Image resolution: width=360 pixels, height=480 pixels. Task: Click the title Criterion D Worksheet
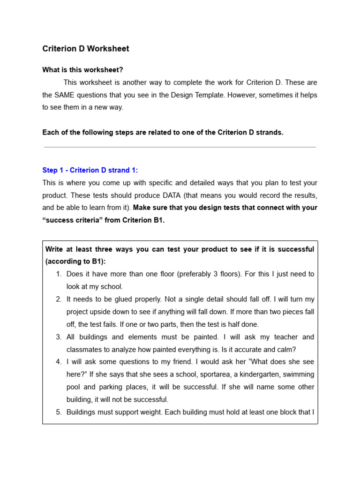[x=85, y=49]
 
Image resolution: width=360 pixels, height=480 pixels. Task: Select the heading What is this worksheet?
[x=82, y=70]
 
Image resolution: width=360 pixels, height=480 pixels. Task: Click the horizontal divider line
[x=180, y=147]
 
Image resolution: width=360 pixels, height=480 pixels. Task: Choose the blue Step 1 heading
[x=90, y=170]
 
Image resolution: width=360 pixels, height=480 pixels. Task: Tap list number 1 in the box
[x=59, y=274]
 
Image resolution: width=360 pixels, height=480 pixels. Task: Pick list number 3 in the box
[x=59, y=337]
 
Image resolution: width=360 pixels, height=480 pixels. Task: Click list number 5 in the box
[x=59, y=412]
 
